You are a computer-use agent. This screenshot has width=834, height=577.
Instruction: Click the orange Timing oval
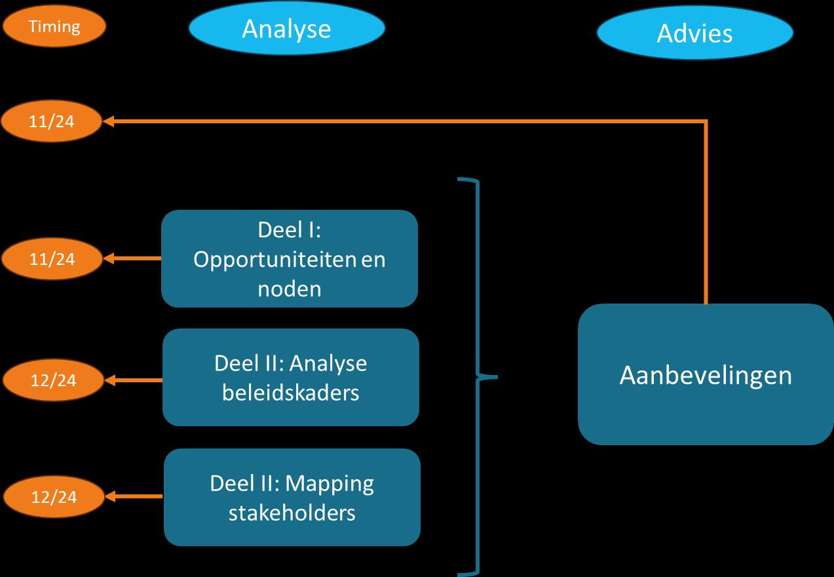click(54, 28)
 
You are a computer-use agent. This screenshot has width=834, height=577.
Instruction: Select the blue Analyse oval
click(286, 29)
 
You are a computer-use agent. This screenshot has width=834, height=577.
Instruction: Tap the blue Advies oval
click(694, 33)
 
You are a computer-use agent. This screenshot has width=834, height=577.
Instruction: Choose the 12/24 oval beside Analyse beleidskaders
click(54, 380)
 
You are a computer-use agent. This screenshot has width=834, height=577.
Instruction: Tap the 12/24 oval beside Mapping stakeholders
click(54, 497)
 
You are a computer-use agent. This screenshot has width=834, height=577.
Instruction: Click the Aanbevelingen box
click(706, 374)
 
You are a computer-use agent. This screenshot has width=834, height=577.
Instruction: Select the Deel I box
click(290, 258)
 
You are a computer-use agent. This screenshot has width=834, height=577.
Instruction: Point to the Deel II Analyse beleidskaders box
click(290, 377)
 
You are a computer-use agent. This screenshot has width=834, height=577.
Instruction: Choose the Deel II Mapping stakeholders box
click(292, 497)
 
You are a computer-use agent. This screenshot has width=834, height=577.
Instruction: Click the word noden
click(290, 288)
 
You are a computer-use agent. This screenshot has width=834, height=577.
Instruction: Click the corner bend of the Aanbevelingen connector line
click(706, 121)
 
